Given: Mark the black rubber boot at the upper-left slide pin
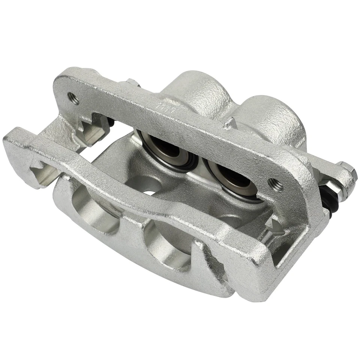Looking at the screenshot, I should click(x=112, y=124).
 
